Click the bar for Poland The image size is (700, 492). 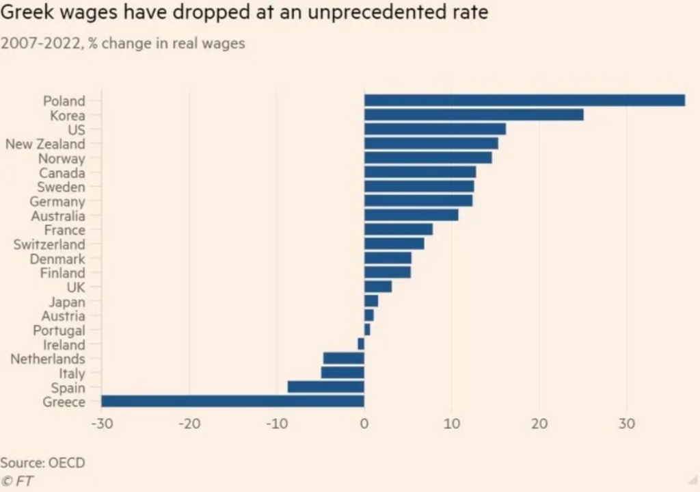click(x=524, y=101)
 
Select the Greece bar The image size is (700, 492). click(x=232, y=402)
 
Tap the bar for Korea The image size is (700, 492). click(x=474, y=115)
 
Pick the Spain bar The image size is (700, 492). click(x=325, y=387)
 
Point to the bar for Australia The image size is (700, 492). click(x=411, y=216)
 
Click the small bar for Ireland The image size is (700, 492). click(x=361, y=344)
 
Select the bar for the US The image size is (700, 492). click(x=435, y=129)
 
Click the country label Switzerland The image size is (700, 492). click(x=49, y=244)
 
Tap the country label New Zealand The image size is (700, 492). click(x=45, y=144)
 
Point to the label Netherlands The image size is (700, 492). click(x=48, y=359)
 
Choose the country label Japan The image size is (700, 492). click(x=67, y=301)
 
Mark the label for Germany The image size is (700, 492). click(x=57, y=201)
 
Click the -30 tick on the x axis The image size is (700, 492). click(x=101, y=424)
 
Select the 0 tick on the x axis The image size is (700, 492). click(x=364, y=424)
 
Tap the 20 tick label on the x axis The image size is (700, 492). click(x=539, y=424)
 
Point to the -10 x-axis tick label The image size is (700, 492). click(x=276, y=424)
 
